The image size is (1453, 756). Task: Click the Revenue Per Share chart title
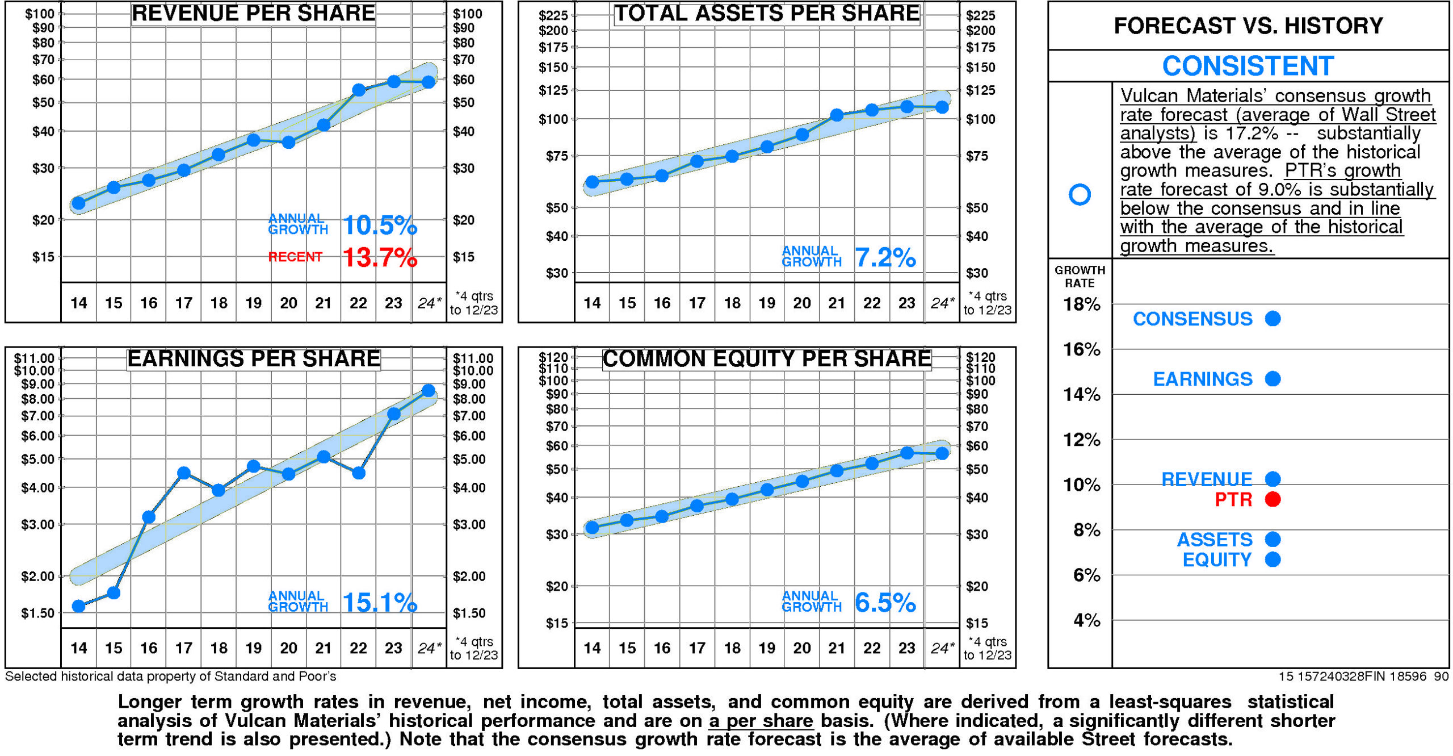(x=253, y=13)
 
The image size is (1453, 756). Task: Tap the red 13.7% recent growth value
(x=380, y=257)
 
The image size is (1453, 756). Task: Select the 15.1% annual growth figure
(x=380, y=603)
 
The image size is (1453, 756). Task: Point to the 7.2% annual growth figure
(x=885, y=258)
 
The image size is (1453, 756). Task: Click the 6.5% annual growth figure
(x=885, y=603)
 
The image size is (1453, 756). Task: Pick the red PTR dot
(x=1273, y=499)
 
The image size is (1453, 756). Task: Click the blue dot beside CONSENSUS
(x=1273, y=319)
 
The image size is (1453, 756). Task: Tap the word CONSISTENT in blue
(x=1248, y=66)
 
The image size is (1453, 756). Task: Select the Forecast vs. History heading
(x=1248, y=26)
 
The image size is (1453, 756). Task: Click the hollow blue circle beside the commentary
(x=1080, y=194)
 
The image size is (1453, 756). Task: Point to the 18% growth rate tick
(x=1082, y=304)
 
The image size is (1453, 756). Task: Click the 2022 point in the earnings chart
(x=358, y=473)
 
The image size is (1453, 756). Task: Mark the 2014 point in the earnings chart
(x=79, y=606)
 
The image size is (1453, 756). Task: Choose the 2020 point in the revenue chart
(x=288, y=142)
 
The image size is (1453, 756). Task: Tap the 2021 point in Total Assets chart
(x=837, y=115)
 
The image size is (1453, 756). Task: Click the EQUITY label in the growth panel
(x=1217, y=560)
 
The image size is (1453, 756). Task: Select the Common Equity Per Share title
(x=766, y=359)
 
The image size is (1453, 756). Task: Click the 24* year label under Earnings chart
(x=429, y=648)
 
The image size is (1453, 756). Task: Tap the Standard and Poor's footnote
(x=170, y=676)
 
